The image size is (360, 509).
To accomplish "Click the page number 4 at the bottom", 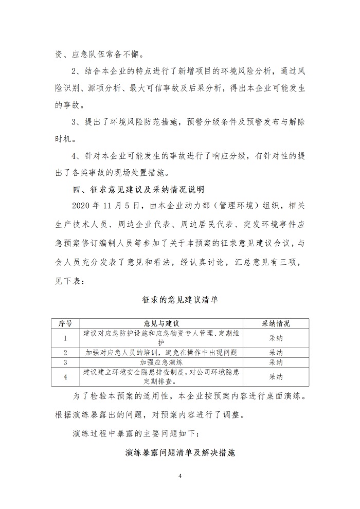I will pos(180,476).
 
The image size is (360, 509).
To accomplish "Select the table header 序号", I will pos(65,323).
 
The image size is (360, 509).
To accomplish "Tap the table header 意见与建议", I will pos(161,323).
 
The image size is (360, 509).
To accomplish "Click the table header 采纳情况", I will pos(276,323).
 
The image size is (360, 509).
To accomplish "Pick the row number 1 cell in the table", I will pos(65,338).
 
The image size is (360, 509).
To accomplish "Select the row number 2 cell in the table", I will pos(65,353).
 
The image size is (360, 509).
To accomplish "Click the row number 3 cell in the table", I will pos(65,362).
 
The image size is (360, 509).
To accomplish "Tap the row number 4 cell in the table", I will pos(65,376).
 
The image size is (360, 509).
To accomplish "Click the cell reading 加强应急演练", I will pos(161,362).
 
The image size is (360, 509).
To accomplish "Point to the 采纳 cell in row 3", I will pos(276,362).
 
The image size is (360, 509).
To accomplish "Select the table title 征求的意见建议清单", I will pos(179,300).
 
